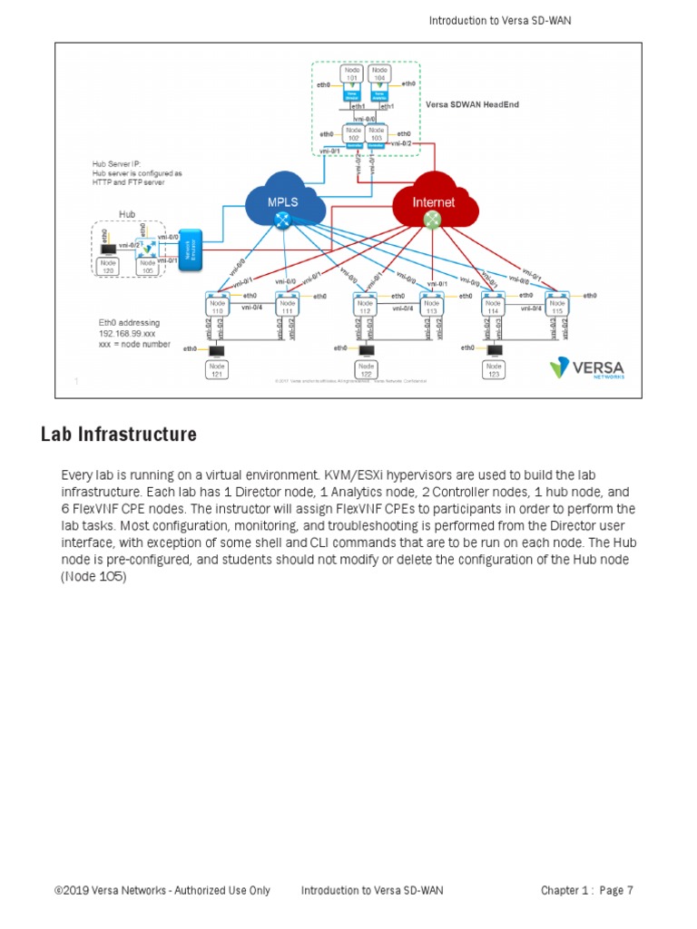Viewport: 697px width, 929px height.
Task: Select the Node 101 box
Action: point(351,72)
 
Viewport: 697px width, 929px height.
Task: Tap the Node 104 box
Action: point(380,72)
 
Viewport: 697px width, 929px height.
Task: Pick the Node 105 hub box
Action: point(145,266)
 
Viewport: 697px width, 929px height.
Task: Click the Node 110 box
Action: point(218,308)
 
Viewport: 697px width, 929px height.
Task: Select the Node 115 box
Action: point(556,308)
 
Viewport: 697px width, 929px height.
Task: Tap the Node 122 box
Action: point(366,370)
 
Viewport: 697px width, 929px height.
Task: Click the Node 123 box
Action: point(493,370)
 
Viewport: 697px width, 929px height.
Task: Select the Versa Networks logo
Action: point(586,368)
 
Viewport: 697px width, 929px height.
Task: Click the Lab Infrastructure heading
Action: point(118,435)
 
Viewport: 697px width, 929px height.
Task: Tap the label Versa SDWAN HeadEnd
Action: point(472,105)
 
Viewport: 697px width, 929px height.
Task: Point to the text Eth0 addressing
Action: point(129,322)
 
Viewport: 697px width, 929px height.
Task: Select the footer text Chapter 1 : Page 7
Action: point(586,890)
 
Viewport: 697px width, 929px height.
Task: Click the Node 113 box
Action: point(430,308)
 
